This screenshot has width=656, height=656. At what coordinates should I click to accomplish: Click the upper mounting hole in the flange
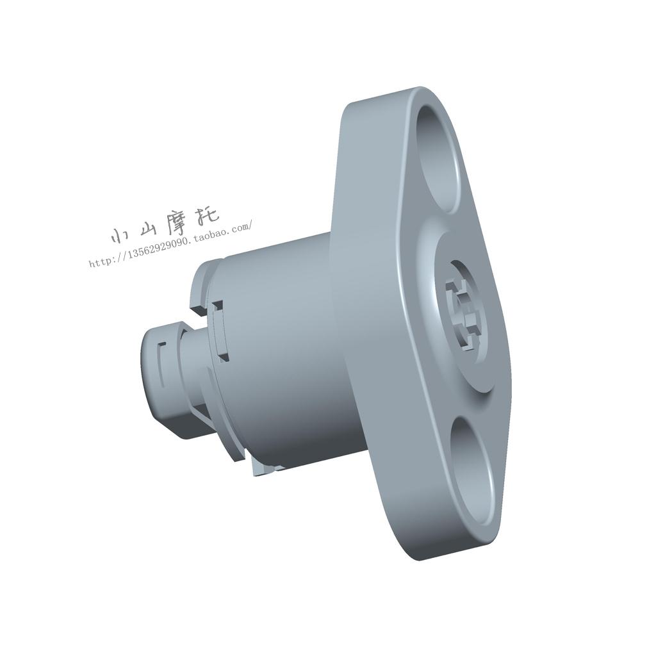[439, 158]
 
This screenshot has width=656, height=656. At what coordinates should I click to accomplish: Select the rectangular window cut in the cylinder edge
[220, 331]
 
